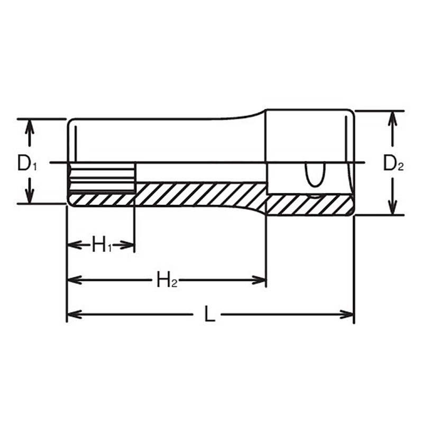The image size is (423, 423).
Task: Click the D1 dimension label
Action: pyautogui.click(x=27, y=163)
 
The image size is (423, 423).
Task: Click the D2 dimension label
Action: pyautogui.click(x=393, y=163)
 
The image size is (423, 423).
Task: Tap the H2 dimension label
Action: pyautogui.click(x=167, y=280)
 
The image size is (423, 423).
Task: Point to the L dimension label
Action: pyautogui.click(x=210, y=315)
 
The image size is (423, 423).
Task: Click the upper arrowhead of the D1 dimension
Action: pyautogui.click(x=30, y=125)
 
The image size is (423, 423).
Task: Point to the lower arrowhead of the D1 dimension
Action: pyautogui.click(x=30, y=197)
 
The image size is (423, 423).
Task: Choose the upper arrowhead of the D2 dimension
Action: pyautogui.click(x=392, y=117)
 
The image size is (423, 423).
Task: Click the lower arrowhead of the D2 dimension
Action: pyautogui.click(x=392, y=209)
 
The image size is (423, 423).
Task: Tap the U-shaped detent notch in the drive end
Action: pyautogui.click(x=314, y=175)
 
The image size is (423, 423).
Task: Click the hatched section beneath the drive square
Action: pyautogui.click(x=309, y=205)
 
